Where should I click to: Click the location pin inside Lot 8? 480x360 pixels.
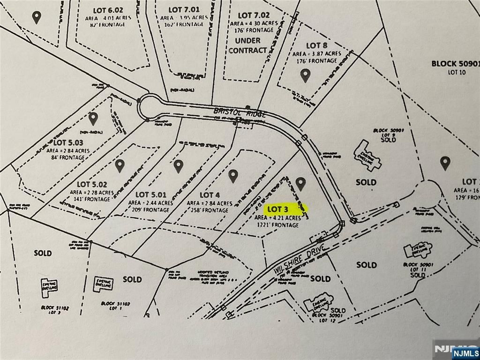[x=305, y=75]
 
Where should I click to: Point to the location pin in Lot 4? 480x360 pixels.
[x=233, y=176]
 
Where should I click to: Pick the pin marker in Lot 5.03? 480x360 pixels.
[x=93, y=119]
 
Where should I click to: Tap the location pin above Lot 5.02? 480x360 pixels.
[x=120, y=165]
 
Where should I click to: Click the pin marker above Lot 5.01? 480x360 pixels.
[x=178, y=165]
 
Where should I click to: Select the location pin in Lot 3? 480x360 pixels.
[x=300, y=184]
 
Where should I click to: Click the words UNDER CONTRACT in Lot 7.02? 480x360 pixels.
[x=247, y=45]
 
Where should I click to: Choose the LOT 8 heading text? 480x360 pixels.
[x=316, y=45]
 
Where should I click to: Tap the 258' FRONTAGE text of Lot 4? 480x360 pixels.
[x=210, y=210]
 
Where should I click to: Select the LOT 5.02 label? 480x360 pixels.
[x=92, y=184]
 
